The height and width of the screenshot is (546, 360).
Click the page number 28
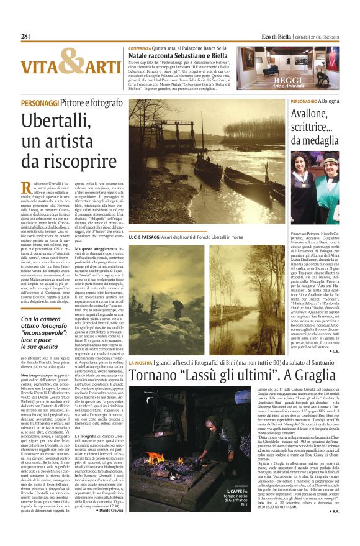tap(24, 37)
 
